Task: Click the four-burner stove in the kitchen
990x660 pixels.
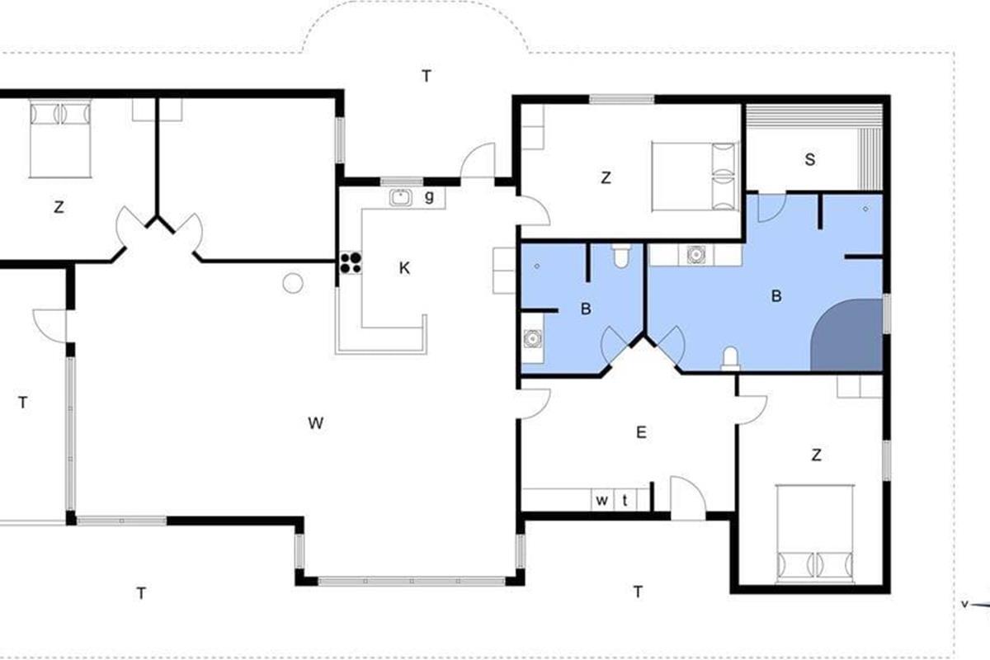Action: tap(351, 262)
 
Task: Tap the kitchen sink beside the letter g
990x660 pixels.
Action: tap(401, 198)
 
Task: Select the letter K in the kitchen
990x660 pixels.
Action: tap(404, 268)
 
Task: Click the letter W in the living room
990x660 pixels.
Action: tap(315, 423)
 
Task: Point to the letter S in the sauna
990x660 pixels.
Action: tap(809, 159)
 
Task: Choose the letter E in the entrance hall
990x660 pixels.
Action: tap(641, 432)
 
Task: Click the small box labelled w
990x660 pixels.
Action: tap(602, 500)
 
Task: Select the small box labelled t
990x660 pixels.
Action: tap(625, 500)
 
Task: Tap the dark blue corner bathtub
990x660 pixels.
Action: tap(846, 335)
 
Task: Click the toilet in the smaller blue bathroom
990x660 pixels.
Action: tap(621, 256)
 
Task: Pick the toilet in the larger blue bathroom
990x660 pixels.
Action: tap(730, 358)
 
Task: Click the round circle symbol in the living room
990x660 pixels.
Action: tap(293, 283)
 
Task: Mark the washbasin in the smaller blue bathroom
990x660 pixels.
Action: tap(533, 338)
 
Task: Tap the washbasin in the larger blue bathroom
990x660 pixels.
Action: tap(696, 255)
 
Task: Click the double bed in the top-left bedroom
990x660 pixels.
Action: tap(60, 139)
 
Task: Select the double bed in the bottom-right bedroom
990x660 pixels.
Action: tap(815, 534)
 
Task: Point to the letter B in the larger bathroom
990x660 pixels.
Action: tap(776, 295)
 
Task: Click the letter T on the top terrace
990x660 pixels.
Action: tap(426, 76)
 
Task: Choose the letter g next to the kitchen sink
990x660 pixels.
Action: tap(429, 196)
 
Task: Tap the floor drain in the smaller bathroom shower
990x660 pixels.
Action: tap(537, 266)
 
